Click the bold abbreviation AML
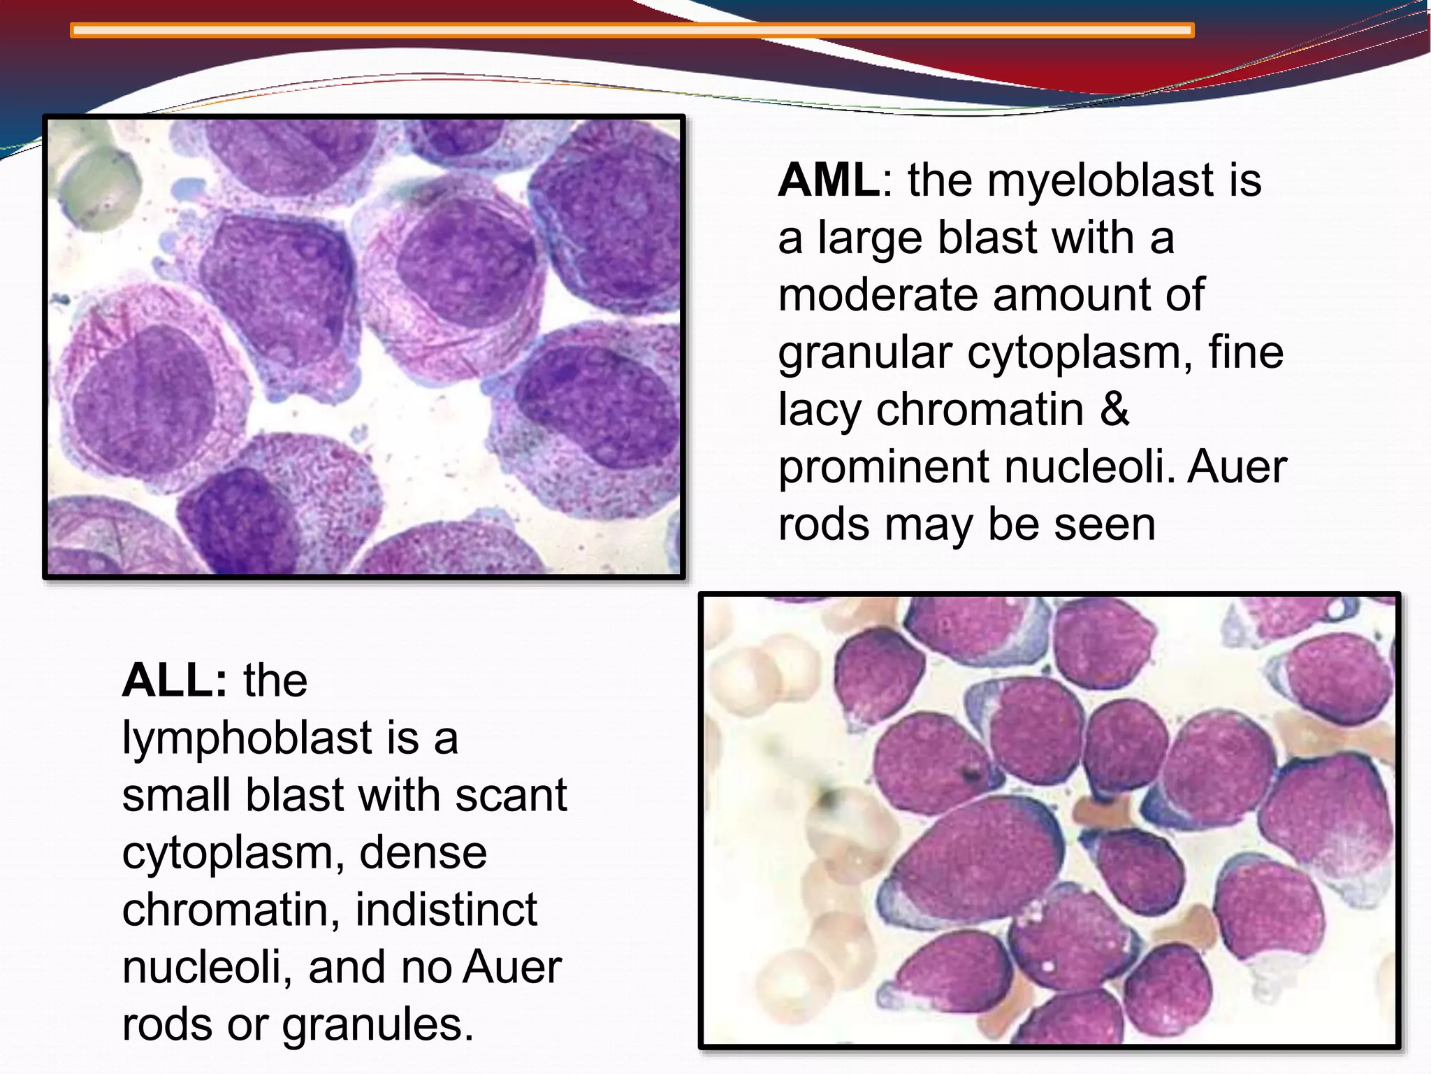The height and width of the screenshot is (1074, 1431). [828, 180]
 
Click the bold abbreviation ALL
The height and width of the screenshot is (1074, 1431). [174, 680]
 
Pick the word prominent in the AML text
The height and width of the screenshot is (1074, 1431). [883, 467]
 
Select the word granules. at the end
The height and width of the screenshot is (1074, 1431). [377, 1025]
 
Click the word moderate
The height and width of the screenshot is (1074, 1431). [877, 295]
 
